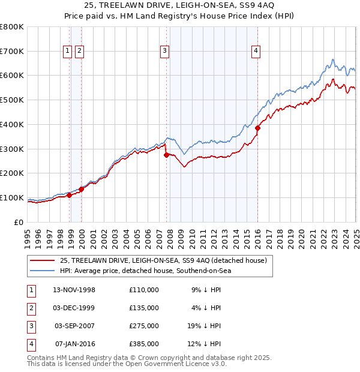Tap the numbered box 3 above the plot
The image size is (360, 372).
(x=164, y=52)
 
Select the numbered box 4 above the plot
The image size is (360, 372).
(x=256, y=52)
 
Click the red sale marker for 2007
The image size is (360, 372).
(x=166, y=155)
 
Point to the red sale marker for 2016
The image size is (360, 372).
(x=257, y=128)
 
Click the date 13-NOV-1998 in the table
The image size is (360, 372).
(x=74, y=290)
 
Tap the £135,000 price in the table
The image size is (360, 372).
(x=144, y=308)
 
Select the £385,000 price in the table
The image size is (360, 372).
(x=144, y=344)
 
